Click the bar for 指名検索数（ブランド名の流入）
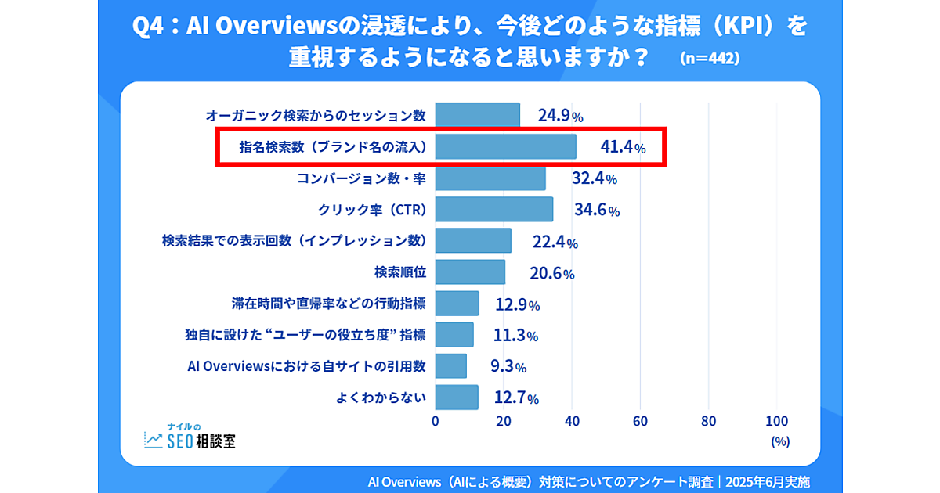pyautogui.click(x=505, y=146)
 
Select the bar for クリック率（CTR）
pyautogui.click(x=493, y=209)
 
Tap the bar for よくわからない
pyautogui.click(x=456, y=398)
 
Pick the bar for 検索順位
pyautogui.click(x=470, y=272)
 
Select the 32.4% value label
pyautogui.click(x=594, y=178)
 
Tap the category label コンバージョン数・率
pyautogui.click(x=361, y=178)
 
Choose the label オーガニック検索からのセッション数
pyautogui.click(x=315, y=116)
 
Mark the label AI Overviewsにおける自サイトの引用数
pyautogui.click(x=307, y=366)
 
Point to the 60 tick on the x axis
pyautogui.click(x=641, y=420)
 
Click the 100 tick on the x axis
pyautogui.click(x=776, y=420)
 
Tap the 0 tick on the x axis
pyautogui.click(x=436, y=420)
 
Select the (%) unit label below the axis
pyautogui.click(x=779, y=441)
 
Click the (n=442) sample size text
pyautogui.click(x=710, y=59)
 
